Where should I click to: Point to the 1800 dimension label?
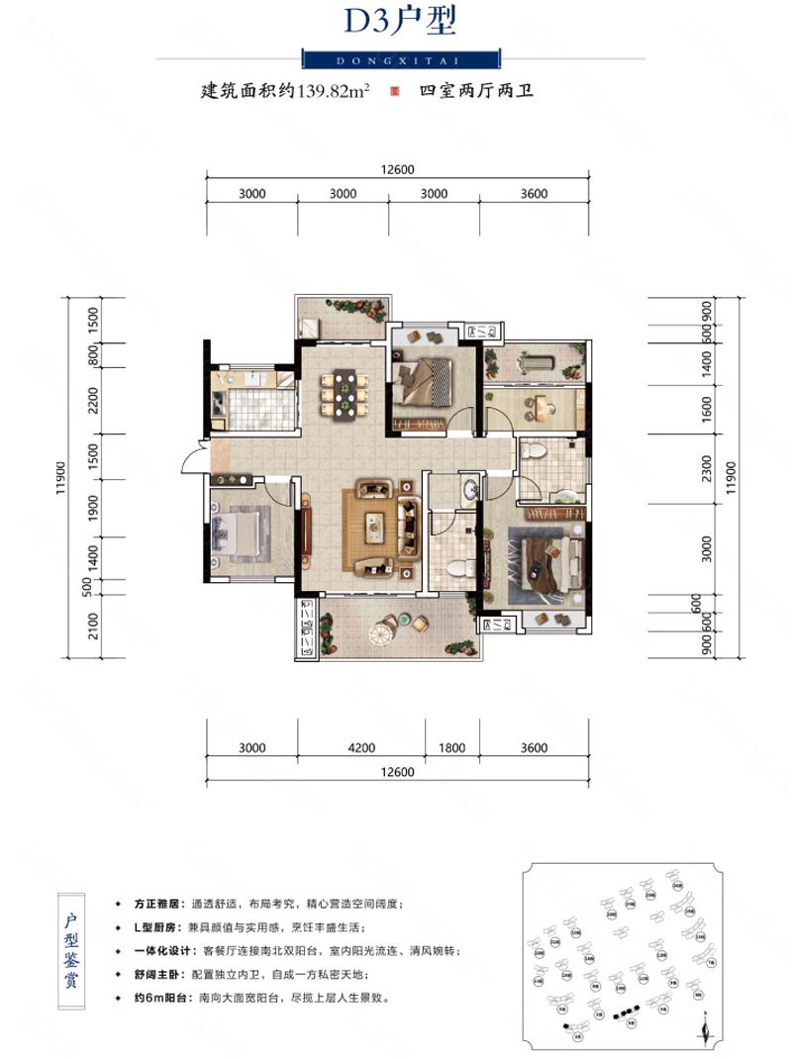451,748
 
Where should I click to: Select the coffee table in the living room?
375,527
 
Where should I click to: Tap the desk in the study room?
540,405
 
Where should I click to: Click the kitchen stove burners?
218,403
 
